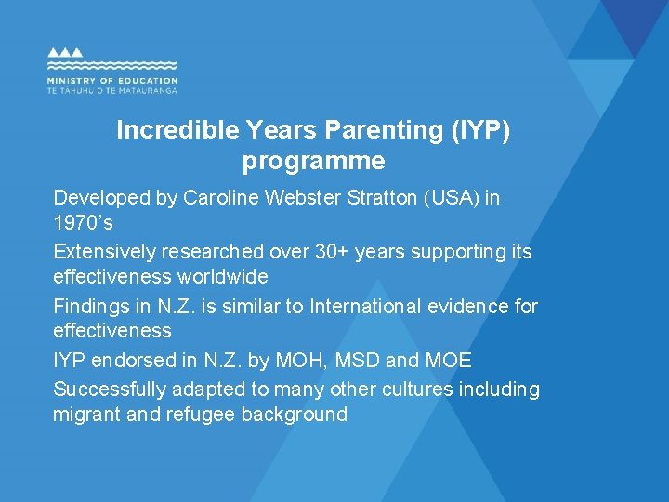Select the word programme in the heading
[313, 161]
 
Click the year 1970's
[83, 224]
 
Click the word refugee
[201, 415]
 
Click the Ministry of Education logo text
[111, 82]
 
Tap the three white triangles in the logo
[66, 53]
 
